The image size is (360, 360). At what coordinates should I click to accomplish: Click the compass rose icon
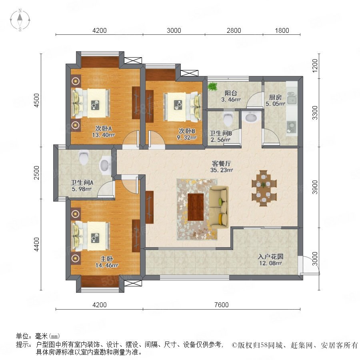point(20,20)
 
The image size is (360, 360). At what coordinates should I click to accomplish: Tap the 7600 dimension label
point(221,305)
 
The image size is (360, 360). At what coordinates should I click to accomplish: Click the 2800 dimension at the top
point(234,30)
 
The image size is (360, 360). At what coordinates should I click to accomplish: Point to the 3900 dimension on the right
point(315,187)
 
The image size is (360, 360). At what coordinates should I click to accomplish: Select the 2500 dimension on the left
point(36,173)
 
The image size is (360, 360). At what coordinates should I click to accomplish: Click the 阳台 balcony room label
point(231,93)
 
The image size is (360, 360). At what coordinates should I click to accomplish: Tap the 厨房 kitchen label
point(275,97)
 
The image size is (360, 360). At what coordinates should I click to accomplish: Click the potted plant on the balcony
point(213,86)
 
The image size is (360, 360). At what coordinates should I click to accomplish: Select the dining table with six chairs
point(264,188)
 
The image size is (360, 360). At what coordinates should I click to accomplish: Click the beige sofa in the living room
point(219,207)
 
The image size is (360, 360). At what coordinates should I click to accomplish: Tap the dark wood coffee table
point(196,207)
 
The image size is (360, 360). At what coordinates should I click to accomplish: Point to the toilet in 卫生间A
point(84,157)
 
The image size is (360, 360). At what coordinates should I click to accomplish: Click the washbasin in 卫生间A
point(105,165)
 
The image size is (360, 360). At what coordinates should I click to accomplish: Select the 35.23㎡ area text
point(222,170)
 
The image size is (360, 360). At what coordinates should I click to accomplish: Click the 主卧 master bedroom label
point(106,259)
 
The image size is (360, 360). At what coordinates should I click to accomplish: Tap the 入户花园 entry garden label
point(270,257)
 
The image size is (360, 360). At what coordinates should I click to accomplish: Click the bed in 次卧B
point(182,107)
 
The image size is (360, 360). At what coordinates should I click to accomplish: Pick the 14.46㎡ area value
point(107,266)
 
